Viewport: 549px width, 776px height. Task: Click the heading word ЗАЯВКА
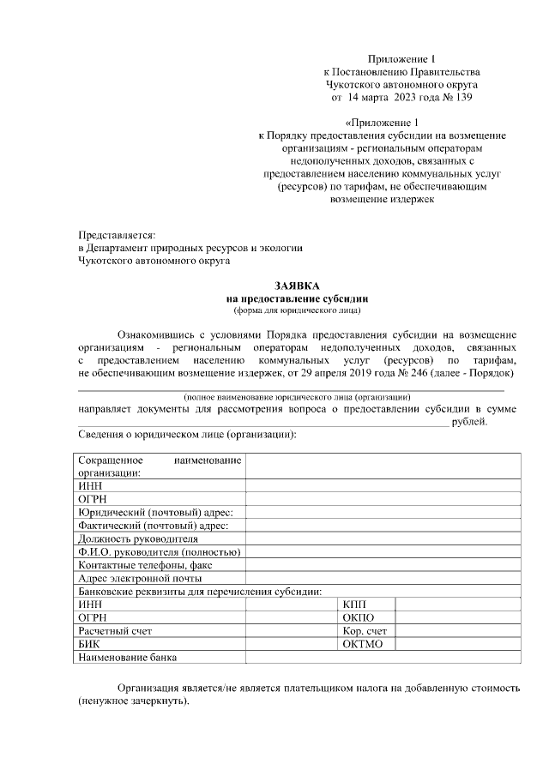point(297,285)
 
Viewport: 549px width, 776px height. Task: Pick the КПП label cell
point(354,605)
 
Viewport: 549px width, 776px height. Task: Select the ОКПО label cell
point(359,617)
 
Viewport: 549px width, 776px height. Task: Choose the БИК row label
point(89,644)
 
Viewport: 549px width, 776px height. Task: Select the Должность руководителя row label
point(137,538)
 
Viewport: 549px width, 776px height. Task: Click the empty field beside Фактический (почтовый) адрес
point(383,525)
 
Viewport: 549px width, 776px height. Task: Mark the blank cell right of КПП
point(457,605)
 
